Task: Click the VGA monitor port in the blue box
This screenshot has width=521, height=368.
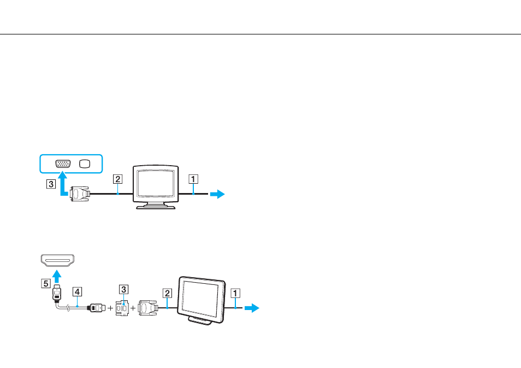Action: click(x=63, y=163)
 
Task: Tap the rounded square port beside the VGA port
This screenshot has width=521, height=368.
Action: click(x=85, y=163)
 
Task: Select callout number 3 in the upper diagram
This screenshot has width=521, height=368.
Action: click(x=51, y=184)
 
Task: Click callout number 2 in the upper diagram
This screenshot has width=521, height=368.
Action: click(x=117, y=179)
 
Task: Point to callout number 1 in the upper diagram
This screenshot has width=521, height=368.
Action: click(x=193, y=179)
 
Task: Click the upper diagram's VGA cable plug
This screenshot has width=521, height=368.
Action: click(x=80, y=194)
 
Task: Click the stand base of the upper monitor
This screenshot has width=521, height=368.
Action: click(x=156, y=206)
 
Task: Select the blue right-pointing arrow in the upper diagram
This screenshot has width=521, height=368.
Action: click(x=217, y=194)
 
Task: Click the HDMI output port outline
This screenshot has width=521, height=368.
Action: click(x=57, y=260)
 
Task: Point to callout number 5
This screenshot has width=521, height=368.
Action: click(x=46, y=283)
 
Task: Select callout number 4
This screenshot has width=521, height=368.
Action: click(x=77, y=292)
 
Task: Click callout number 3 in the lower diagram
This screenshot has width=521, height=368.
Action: click(x=123, y=289)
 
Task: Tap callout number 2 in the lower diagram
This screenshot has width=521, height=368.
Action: click(x=167, y=293)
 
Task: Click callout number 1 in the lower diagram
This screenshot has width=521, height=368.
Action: click(x=235, y=293)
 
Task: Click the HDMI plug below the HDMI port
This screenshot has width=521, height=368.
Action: click(x=57, y=293)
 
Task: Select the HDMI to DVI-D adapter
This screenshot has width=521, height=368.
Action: click(x=122, y=308)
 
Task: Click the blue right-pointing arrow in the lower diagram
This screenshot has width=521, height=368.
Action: click(x=252, y=308)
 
